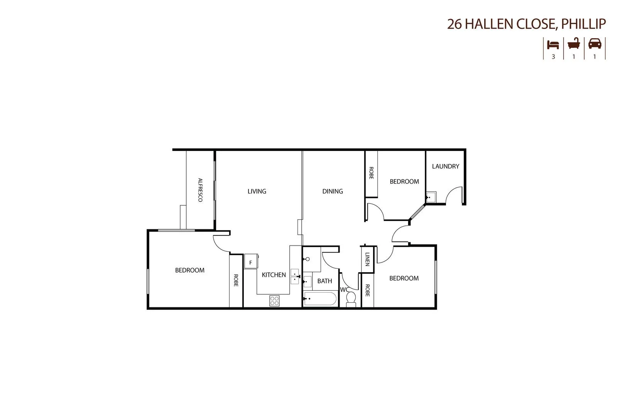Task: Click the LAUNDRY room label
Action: (445, 166)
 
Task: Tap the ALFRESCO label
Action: (200, 190)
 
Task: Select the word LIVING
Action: (257, 191)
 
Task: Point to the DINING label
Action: (332, 191)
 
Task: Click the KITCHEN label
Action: (274, 275)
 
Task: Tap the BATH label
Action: (324, 281)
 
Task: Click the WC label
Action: (344, 290)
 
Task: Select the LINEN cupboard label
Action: (367, 259)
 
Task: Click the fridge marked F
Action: (250, 262)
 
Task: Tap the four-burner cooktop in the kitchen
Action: (274, 301)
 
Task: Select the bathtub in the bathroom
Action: (320, 299)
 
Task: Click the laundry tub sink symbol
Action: (431, 197)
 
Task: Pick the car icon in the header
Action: (595, 43)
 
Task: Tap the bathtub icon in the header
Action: (574, 43)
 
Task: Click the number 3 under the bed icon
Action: (553, 57)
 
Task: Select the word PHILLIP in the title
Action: (583, 24)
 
